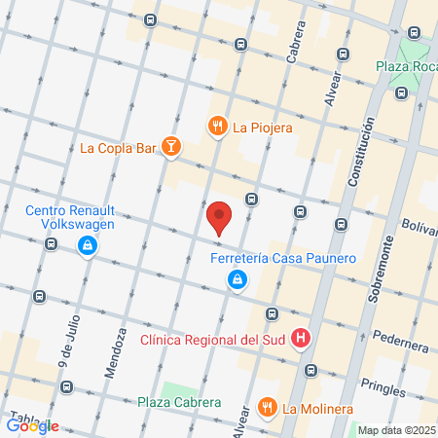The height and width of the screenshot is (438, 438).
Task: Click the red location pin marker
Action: pyautogui.click(x=220, y=217)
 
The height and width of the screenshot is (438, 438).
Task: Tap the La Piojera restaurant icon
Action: pyautogui.click(x=216, y=126)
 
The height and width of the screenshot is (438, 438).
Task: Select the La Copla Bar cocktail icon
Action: pyautogui.click(x=170, y=148)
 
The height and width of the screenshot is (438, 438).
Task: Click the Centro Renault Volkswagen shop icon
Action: pyautogui.click(x=89, y=245)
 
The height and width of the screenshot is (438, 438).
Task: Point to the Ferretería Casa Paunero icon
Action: pyautogui.click(x=237, y=280)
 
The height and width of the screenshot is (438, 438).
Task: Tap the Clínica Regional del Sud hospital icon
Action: pyautogui.click(x=302, y=340)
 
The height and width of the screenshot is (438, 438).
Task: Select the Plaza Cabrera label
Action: pyautogui.click(x=178, y=402)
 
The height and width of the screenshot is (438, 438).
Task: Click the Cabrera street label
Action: pyautogui.click(x=291, y=45)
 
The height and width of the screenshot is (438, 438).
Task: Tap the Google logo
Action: pyautogui.click(x=33, y=425)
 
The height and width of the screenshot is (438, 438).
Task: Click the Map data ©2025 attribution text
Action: pyautogui.click(x=394, y=430)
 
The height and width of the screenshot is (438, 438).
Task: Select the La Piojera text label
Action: pyautogui.click(x=262, y=126)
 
